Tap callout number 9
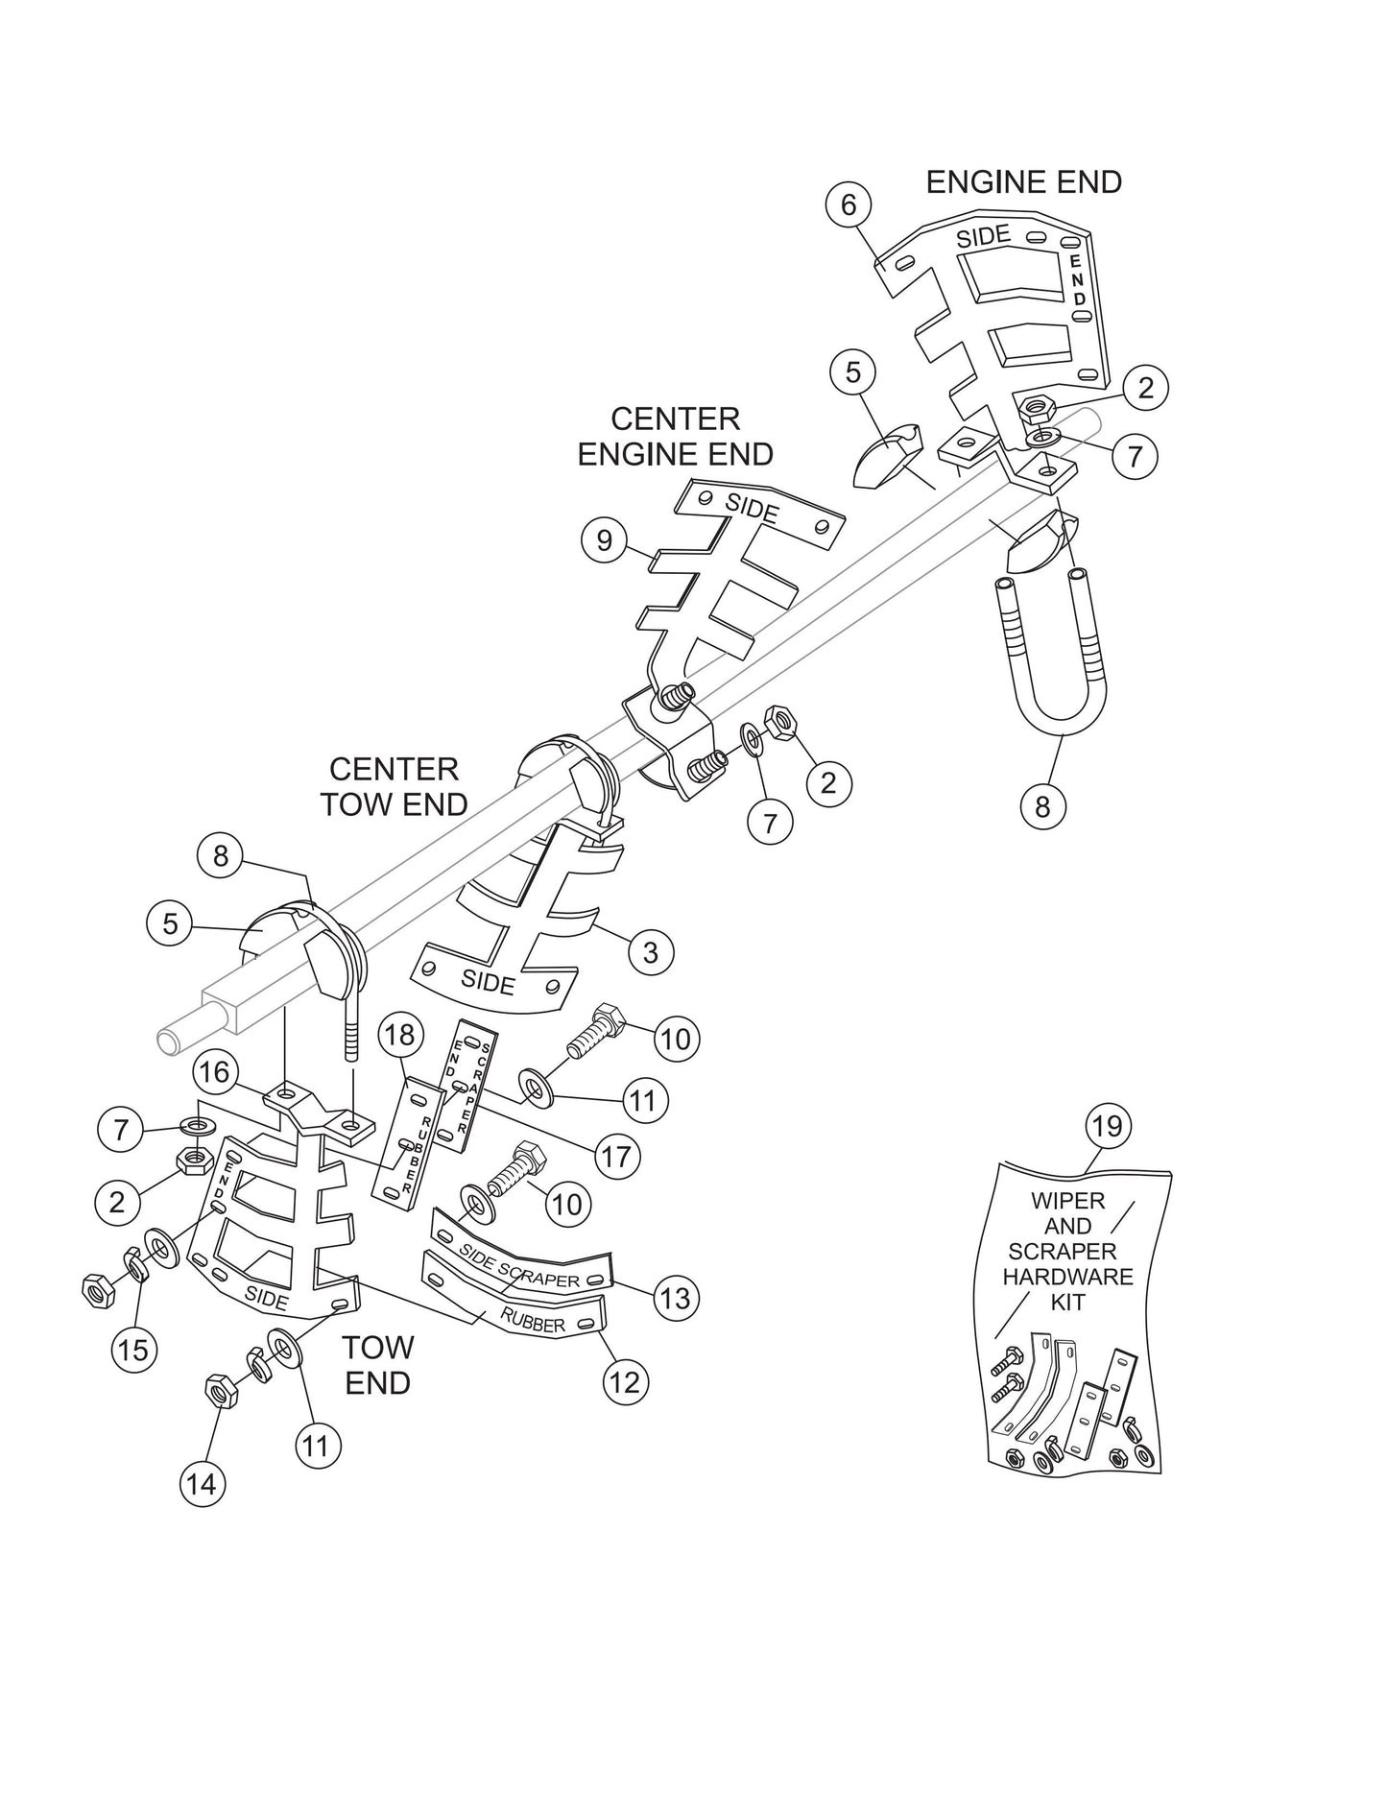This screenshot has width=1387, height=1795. point(604,540)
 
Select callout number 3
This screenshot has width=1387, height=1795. point(651,952)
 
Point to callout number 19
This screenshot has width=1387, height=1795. point(1108,1125)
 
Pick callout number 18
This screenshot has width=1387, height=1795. point(400,1035)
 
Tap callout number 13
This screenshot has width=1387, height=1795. point(676,1298)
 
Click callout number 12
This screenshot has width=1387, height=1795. point(626,1382)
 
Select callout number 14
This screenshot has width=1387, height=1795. point(202,1484)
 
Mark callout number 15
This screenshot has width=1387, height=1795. point(133,1350)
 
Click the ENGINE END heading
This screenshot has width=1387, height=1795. point(1023,181)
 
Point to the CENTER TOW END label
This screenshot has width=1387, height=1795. point(394,786)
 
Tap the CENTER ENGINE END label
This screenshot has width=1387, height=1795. point(676,436)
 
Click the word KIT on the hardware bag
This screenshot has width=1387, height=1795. point(1067,1303)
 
